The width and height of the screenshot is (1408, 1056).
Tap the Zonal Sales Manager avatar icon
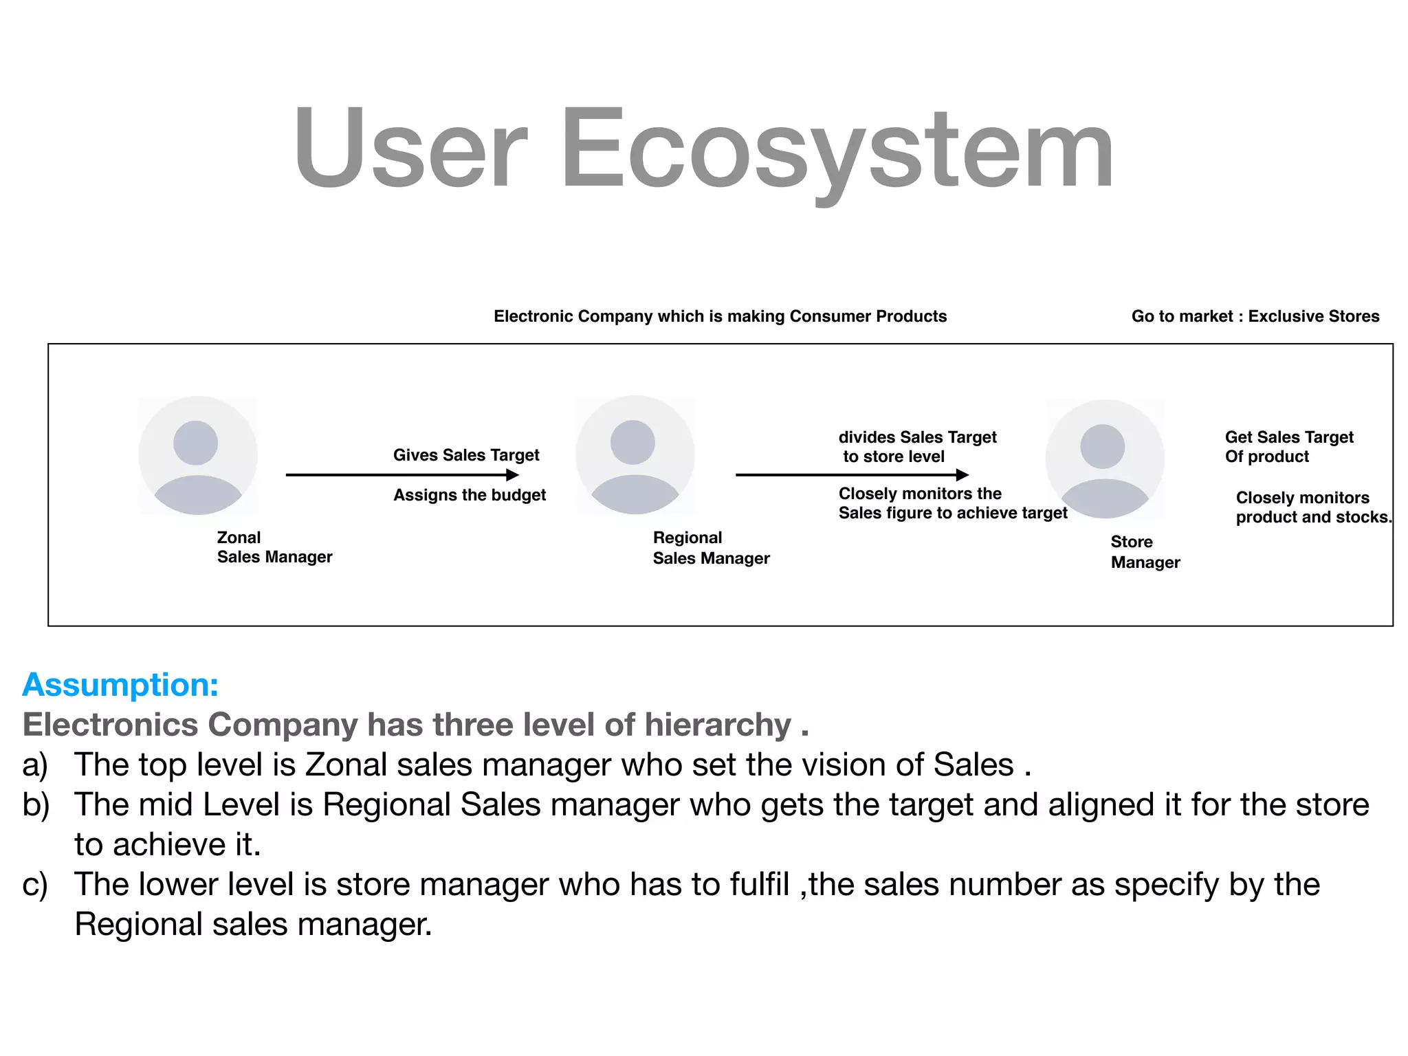point(198,455)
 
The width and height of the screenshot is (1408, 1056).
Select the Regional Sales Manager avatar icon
point(635,454)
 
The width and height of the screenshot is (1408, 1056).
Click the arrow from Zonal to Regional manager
point(402,474)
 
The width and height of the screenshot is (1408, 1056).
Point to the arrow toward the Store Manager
point(852,474)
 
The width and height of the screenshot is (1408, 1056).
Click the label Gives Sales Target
point(466,455)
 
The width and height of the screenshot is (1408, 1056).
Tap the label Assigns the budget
point(470,495)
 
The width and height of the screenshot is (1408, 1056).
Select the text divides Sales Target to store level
point(917,447)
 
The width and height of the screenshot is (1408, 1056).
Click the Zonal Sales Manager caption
point(274,547)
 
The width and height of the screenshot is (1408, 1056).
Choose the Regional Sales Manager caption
point(711,548)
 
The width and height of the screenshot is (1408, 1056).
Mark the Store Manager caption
point(1145,552)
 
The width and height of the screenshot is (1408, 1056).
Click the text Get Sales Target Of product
point(1288,447)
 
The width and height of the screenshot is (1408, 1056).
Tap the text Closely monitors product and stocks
point(1312,507)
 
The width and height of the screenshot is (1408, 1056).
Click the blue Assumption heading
point(120,685)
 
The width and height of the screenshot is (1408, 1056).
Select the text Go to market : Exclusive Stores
point(1255,316)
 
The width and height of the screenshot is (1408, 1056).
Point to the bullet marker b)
point(36,805)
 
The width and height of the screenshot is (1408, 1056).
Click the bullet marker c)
point(35,885)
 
